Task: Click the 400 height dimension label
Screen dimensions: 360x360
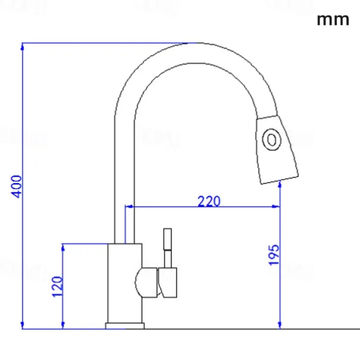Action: (x=18, y=186)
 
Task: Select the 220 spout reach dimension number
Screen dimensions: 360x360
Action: (x=208, y=201)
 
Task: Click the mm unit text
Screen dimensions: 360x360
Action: (x=333, y=19)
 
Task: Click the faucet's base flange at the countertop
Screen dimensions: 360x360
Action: (x=125, y=325)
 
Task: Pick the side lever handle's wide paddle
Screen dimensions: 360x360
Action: (x=168, y=282)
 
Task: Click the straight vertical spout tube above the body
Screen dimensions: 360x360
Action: (x=125, y=177)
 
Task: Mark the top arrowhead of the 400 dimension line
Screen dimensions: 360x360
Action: (x=22, y=46)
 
